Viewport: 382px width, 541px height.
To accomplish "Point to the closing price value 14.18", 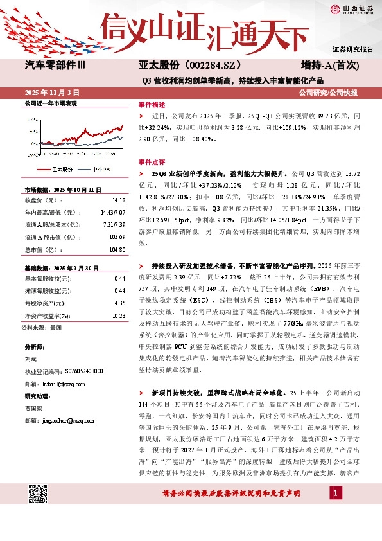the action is tap(119, 199).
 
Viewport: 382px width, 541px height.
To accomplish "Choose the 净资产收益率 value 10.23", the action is tap(118, 315).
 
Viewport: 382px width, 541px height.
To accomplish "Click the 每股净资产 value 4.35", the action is tap(119, 303).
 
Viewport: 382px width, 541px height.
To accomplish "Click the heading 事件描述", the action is tap(152, 104).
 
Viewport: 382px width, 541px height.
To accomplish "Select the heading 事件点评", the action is tap(152, 163).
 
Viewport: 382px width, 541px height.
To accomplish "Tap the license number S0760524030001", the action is tap(76, 371).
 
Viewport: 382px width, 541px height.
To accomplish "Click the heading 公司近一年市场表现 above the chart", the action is tap(51, 103).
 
